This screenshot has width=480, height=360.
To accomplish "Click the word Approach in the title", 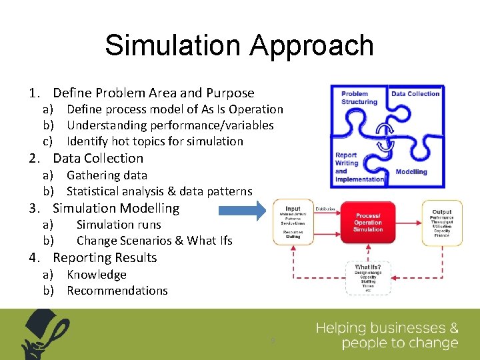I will coord(312,45).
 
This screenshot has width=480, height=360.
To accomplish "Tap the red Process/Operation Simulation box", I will coord(369,223).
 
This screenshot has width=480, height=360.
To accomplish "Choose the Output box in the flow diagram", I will coord(441,223).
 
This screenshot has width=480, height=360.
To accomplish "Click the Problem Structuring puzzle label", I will coord(359,98).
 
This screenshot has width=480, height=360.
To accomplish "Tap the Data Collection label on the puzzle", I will coord(415,94).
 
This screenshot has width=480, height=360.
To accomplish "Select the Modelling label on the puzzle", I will coord(411,171).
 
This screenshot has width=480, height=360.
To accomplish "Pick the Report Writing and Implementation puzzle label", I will coord(359,167).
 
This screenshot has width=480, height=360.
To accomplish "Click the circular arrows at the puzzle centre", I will coord(383,136).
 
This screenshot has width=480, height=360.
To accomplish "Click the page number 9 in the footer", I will coord(272,341).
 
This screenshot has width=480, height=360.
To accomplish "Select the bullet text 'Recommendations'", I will coord(117,291).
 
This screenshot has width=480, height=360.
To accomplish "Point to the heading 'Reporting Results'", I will coord(105,258).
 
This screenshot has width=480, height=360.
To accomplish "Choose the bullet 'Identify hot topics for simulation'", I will coord(155,141).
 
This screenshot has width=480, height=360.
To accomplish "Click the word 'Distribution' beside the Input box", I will coord(325,209).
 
